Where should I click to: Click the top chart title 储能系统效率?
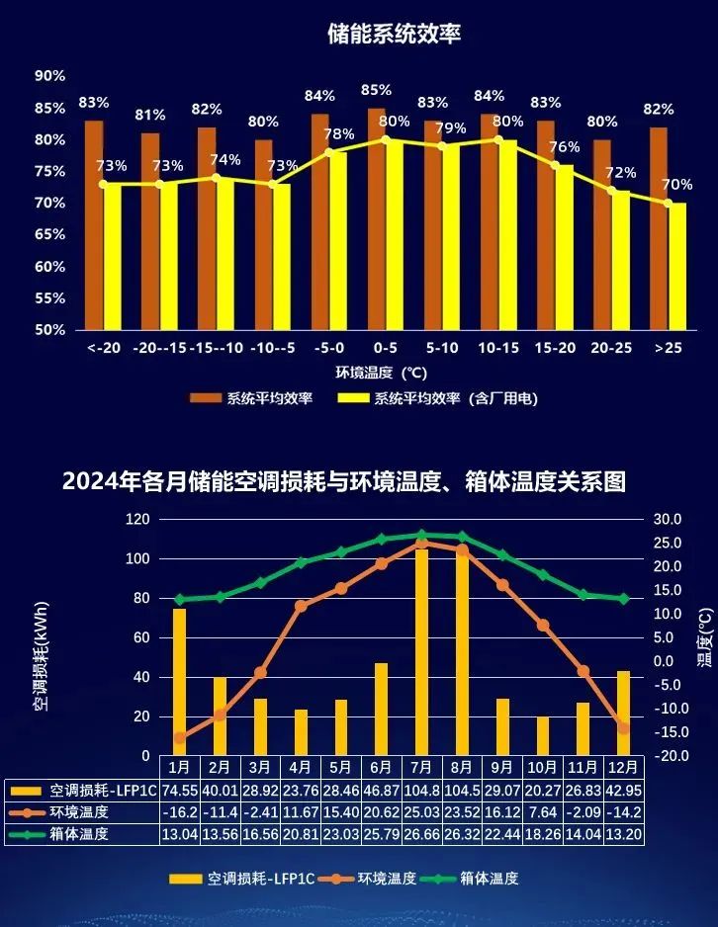395,35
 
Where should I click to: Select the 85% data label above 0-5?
377,90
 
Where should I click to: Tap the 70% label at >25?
677,185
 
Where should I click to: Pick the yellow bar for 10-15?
507,234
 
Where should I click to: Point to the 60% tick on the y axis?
49,266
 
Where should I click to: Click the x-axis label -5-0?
329,348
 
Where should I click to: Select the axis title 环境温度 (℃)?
380,374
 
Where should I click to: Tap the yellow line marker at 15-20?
555,166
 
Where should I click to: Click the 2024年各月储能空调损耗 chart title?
344,482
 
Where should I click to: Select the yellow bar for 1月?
179,682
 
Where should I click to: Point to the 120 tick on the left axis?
138,519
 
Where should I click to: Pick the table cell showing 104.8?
421,790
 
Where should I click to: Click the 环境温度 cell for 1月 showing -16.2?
179,811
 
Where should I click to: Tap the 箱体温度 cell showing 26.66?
421,833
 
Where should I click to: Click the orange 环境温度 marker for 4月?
301,606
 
